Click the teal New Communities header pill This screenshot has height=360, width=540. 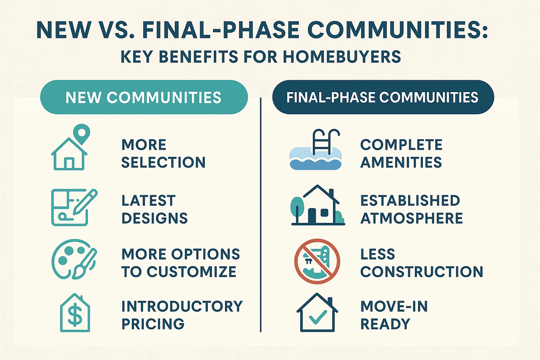[x=144, y=97]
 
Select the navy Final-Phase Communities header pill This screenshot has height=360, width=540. [x=383, y=97]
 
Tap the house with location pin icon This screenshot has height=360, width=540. [x=70, y=148]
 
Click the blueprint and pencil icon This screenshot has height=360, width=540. [x=74, y=207]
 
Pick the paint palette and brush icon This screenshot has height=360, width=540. [x=74, y=259]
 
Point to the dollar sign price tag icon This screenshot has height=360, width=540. [x=75, y=313]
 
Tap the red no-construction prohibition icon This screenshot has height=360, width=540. [x=317, y=261]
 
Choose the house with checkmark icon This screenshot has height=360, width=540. [x=317, y=313]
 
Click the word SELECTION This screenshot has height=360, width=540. [x=163, y=162]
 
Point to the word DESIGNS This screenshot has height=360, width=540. [x=154, y=218]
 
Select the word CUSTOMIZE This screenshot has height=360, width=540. [x=191, y=272]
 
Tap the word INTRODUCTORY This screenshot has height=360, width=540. [x=182, y=306]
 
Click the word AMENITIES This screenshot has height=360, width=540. [x=401, y=162]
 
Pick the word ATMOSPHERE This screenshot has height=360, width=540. [x=411, y=218]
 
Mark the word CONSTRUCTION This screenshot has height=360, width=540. [x=422, y=272]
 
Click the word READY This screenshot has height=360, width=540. [x=385, y=324]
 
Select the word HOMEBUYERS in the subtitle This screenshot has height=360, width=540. [x=342, y=57]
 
